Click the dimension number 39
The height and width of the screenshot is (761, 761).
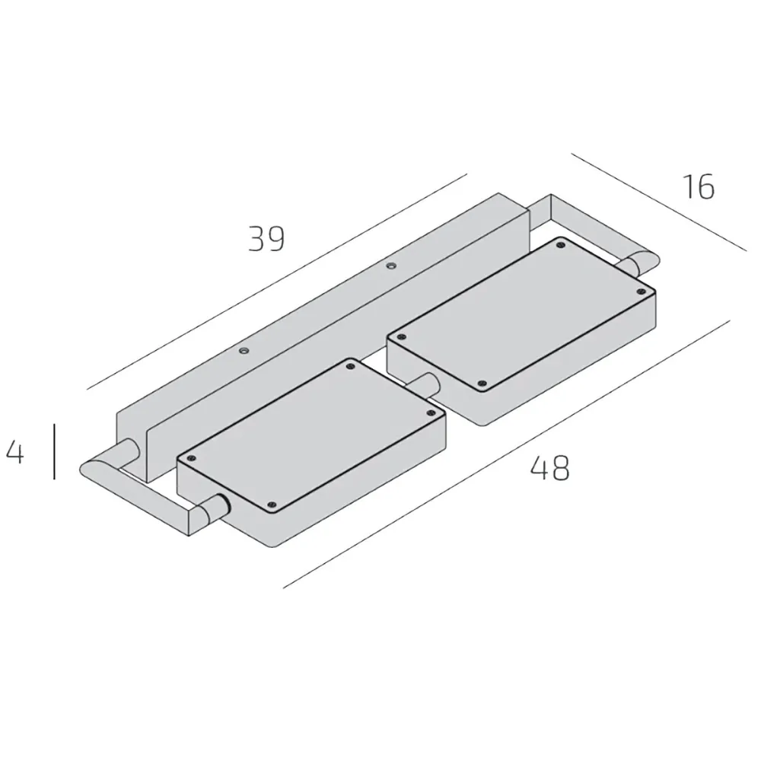click(266, 239)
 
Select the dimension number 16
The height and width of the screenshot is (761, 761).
click(697, 187)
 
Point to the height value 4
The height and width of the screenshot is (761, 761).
click(15, 452)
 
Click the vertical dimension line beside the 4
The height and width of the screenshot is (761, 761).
click(55, 452)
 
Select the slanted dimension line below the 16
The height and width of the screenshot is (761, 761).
click(658, 202)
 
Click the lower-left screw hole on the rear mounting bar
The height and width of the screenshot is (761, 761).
click(244, 351)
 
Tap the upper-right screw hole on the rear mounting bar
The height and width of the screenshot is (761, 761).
click(391, 266)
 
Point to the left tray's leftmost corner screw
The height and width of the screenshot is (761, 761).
click(191, 458)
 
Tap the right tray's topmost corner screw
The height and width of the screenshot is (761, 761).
click(561, 245)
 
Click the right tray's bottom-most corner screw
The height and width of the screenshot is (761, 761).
click(481, 383)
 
